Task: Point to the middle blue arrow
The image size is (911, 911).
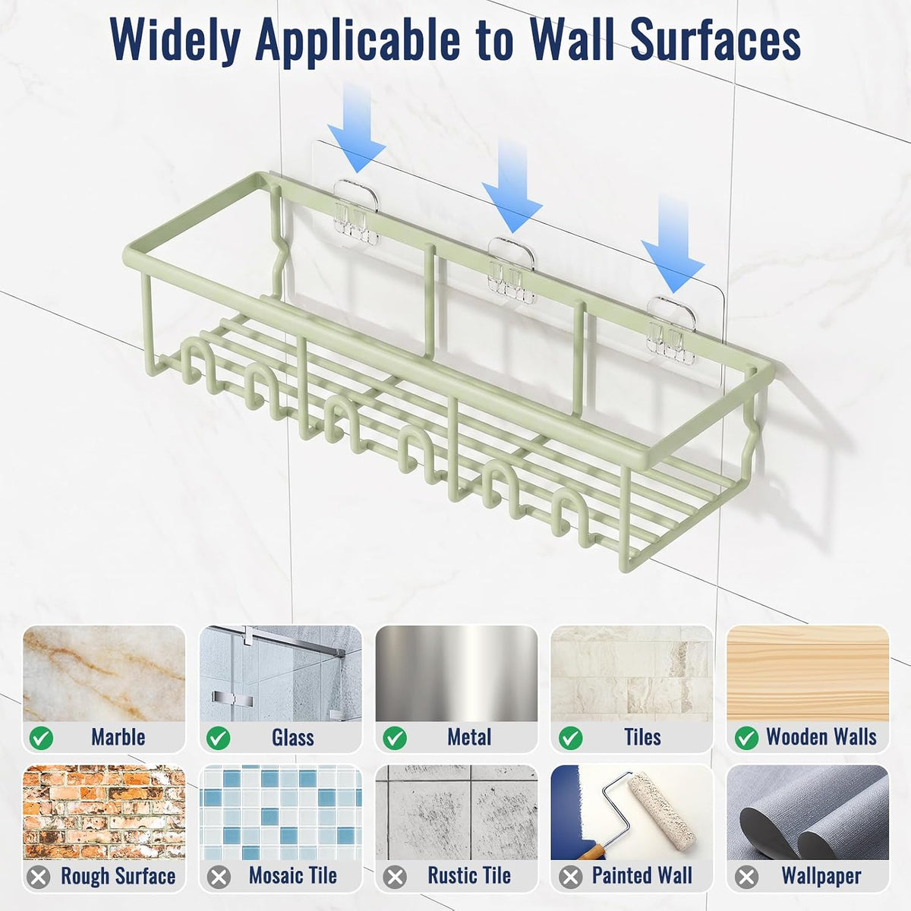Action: (x=512, y=186)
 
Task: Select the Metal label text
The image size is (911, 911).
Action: (x=469, y=737)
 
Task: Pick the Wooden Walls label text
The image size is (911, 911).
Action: (x=821, y=736)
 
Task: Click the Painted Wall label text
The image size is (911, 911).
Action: (x=641, y=875)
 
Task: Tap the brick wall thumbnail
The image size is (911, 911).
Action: (x=104, y=812)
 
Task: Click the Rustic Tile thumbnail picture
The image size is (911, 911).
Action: (x=457, y=812)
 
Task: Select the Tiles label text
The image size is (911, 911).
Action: (x=642, y=737)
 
